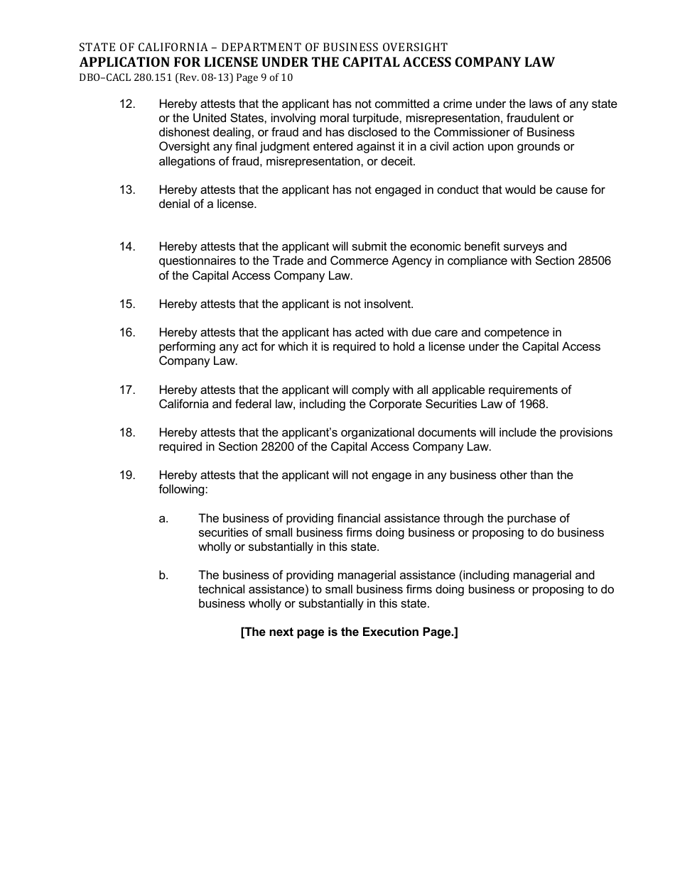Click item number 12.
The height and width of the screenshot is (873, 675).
point(127,104)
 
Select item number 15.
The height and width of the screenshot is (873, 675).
point(127,304)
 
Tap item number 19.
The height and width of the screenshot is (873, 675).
point(127,475)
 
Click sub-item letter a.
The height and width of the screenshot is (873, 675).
point(163,518)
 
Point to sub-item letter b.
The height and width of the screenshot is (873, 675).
point(163,575)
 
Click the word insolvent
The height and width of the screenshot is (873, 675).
point(388,304)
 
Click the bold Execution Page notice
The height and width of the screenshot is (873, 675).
point(349,632)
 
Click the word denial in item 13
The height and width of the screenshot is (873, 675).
point(175,204)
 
